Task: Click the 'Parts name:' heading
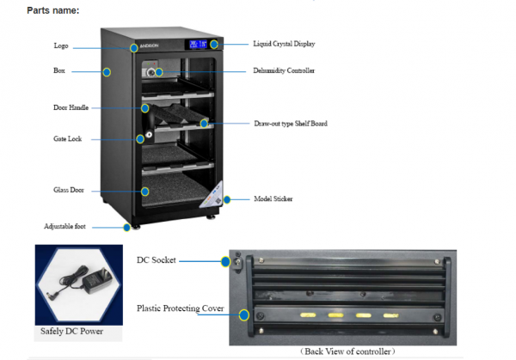52,10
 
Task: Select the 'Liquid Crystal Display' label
290,43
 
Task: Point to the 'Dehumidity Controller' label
284,70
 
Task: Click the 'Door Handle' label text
69,107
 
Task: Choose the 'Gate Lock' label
68,138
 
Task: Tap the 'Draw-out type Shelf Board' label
291,124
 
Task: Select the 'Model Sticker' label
273,199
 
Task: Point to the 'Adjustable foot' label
64,227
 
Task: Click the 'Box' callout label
59,71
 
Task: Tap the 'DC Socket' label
157,259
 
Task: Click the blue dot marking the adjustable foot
126,227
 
